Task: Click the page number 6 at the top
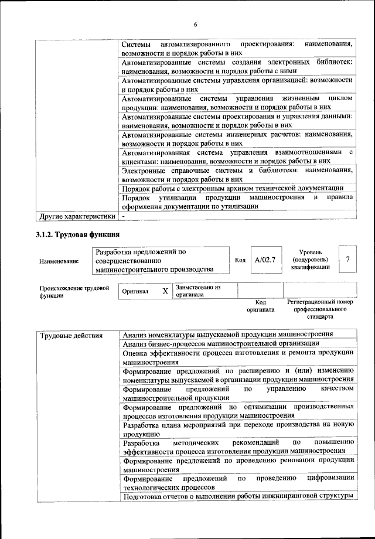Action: pyautogui.click(x=195, y=24)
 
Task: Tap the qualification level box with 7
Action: pyautogui.click(x=348, y=260)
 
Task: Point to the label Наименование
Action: pyautogui.click(x=59, y=261)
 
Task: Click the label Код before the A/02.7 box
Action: pyautogui.click(x=240, y=260)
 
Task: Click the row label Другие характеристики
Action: pyautogui.click(x=77, y=216)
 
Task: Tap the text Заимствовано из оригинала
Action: pyautogui.click(x=198, y=291)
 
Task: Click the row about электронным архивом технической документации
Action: pyautogui.click(x=233, y=188)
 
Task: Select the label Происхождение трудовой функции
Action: pyautogui.click(x=74, y=292)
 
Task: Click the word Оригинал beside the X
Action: pyautogui.click(x=135, y=291)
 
